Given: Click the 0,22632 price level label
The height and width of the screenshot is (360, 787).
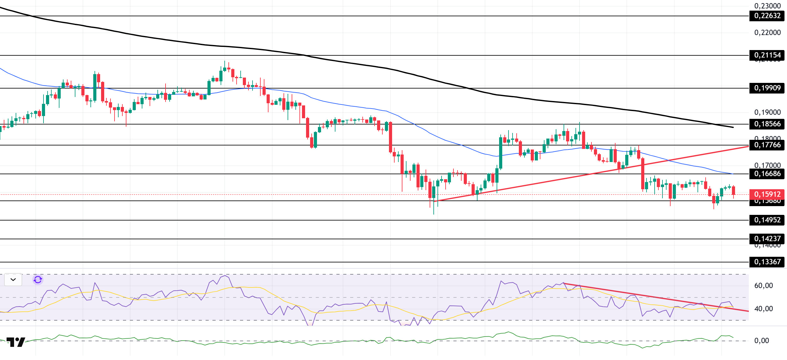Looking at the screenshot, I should click(x=767, y=16).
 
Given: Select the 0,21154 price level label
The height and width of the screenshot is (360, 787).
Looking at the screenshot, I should click(x=767, y=55).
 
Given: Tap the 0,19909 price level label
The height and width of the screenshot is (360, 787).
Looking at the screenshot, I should click(x=767, y=88).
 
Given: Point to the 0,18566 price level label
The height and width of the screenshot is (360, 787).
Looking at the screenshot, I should click(x=767, y=124).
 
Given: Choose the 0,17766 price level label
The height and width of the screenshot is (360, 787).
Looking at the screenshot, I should click(x=767, y=145).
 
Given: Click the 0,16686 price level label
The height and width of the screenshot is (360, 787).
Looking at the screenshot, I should click(x=767, y=174).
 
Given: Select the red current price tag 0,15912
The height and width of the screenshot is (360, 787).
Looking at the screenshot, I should click(x=767, y=194).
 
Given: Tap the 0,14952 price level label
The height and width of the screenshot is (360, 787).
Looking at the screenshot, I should click(x=767, y=220).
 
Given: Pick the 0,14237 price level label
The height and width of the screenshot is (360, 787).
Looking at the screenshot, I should click(x=767, y=239).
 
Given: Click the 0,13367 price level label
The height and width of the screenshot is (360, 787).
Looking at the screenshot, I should click(x=767, y=262).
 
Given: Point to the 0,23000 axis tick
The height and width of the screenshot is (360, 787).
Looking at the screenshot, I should click(x=767, y=6).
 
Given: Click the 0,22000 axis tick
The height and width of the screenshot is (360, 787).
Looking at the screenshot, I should click(x=767, y=33).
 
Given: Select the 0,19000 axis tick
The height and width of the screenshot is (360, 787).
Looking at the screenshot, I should click(x=767, y=112).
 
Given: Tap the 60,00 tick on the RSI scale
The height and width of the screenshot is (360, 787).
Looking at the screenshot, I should click(x=764, y=286).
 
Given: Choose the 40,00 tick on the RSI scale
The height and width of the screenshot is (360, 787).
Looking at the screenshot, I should click(x=764, y=309).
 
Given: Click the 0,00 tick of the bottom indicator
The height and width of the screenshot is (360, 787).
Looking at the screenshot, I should click(x=761, y=341).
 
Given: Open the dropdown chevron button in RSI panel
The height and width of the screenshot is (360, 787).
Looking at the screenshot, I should click(x=13, y=280).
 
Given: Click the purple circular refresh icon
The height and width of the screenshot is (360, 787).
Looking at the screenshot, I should click(x=38, y=280).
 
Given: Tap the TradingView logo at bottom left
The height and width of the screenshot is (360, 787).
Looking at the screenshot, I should click(x=16, y=342).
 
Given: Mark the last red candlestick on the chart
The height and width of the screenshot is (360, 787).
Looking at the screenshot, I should click(x=733, y=190).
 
